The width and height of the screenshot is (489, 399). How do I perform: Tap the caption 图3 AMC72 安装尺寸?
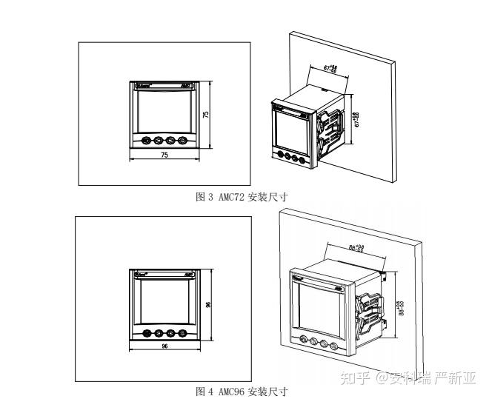click(241, 197)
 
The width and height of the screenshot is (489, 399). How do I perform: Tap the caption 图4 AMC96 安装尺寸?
click(241, 390)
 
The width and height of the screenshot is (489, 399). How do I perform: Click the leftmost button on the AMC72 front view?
click(147, 140)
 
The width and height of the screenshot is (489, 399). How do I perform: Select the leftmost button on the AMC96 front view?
click(146, 332)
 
